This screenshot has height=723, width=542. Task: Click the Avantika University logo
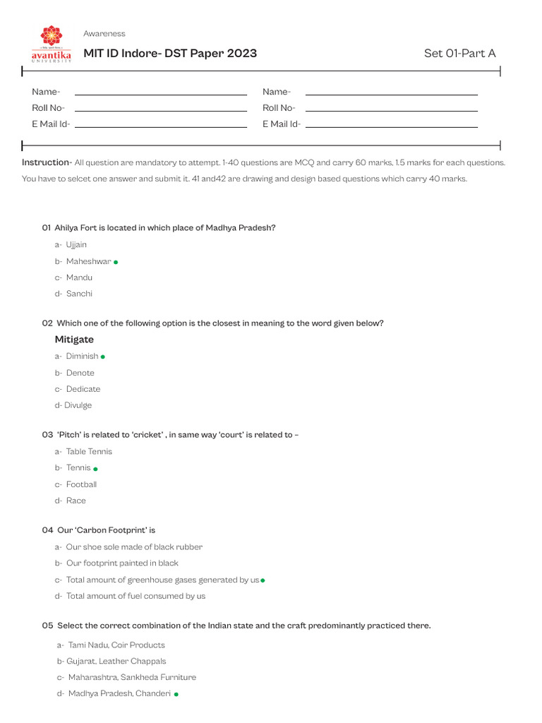pos(51,44)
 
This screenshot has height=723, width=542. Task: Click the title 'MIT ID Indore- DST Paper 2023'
pos(170,54)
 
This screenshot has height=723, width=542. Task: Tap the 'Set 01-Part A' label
pos(459,54)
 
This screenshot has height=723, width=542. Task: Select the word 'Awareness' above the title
pos(104,34)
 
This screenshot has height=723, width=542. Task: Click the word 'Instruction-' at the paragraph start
pos(47,162)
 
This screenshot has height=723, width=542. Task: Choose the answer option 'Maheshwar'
pos(88,261)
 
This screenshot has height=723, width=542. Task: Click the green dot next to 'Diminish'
pos(103,357)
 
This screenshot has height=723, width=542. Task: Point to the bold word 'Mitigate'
pos(74,340)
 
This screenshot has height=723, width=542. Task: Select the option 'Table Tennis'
pos(89,452)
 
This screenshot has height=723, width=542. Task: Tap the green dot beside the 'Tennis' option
pos(95,469)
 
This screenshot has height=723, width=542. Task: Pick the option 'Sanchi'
pos(79,294)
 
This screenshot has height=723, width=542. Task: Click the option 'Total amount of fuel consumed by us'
pos(135,596)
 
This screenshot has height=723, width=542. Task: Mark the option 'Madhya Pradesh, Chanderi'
pos(119,693)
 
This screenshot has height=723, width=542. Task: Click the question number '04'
pos(47,530)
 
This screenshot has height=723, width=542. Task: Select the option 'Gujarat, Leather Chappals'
pos(116,662)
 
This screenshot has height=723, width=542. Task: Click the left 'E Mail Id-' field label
pos(51,124)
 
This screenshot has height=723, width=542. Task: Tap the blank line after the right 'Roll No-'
pos(391,110)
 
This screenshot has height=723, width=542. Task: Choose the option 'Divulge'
pos(78,405)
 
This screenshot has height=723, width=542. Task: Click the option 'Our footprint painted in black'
pos(122,563)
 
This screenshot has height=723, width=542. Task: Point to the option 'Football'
pos(81,484)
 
